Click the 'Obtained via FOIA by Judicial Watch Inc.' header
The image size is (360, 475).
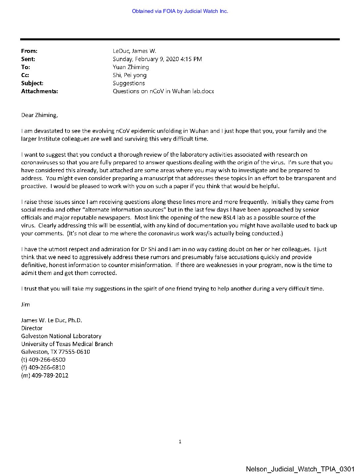(180, 11)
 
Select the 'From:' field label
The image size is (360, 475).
(29, 51)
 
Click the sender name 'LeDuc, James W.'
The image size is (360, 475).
(134, 51)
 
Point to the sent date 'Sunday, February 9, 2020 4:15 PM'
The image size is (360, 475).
(157, 59)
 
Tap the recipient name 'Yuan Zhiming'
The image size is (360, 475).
(131, 67)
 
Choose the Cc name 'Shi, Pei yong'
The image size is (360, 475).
(129, 75)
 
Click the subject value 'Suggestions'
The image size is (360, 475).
(129, 83)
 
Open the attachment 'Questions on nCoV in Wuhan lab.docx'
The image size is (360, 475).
(163, 91)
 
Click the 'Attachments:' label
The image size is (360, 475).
(39, 91)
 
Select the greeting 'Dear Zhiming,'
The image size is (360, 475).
(39, 115)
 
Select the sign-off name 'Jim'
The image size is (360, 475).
(25, 304)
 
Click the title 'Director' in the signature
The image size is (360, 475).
(32, 328)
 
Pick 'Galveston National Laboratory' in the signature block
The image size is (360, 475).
(61, 336)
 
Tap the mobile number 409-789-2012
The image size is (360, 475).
(50, 376)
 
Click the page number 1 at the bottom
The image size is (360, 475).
(180, 442)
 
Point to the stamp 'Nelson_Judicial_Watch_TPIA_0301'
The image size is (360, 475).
(300, 469)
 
